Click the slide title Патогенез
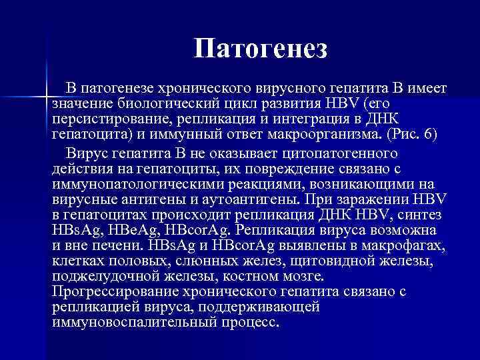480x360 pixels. click(x=261, y=48)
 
